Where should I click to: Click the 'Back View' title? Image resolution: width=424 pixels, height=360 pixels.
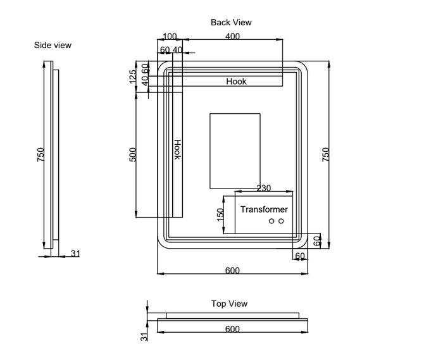tap(231, 22)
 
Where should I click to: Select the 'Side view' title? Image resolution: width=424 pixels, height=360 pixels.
tap(53, 45)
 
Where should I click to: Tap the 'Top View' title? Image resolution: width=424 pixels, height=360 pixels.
tap(229, 304)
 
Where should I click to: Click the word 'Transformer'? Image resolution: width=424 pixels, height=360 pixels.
tap(264, 209)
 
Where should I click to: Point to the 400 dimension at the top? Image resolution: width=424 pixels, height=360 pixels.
tap(232, 37)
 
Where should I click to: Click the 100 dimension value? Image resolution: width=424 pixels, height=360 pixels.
tap(170, 37)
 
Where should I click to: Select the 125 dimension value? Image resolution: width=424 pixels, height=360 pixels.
tap(132, 77)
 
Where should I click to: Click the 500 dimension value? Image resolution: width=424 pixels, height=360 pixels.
tap(133, 154)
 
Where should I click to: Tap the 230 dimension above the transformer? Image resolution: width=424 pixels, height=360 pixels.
tap(264, 188)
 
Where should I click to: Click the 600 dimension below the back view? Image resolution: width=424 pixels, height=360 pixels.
tap(232, 270)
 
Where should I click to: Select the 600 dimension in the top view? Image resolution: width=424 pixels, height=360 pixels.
tap(232, 328)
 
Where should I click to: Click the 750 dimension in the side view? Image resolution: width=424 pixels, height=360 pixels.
tap(41, 155)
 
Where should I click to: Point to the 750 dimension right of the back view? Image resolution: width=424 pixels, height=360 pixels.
tap(326, 155)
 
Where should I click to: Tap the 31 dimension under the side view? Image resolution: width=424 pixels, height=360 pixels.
tap(75, 254)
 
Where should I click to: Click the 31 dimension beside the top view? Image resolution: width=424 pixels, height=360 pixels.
tap(144, 337)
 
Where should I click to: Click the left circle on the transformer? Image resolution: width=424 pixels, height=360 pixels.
tap(271, 221)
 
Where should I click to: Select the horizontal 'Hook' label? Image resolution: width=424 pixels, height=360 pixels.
tap(237, 81)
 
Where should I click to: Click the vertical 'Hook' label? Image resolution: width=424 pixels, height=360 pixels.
tap(177, 149)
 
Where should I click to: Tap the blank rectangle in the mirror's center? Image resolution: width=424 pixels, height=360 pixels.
tap(235, 151)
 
